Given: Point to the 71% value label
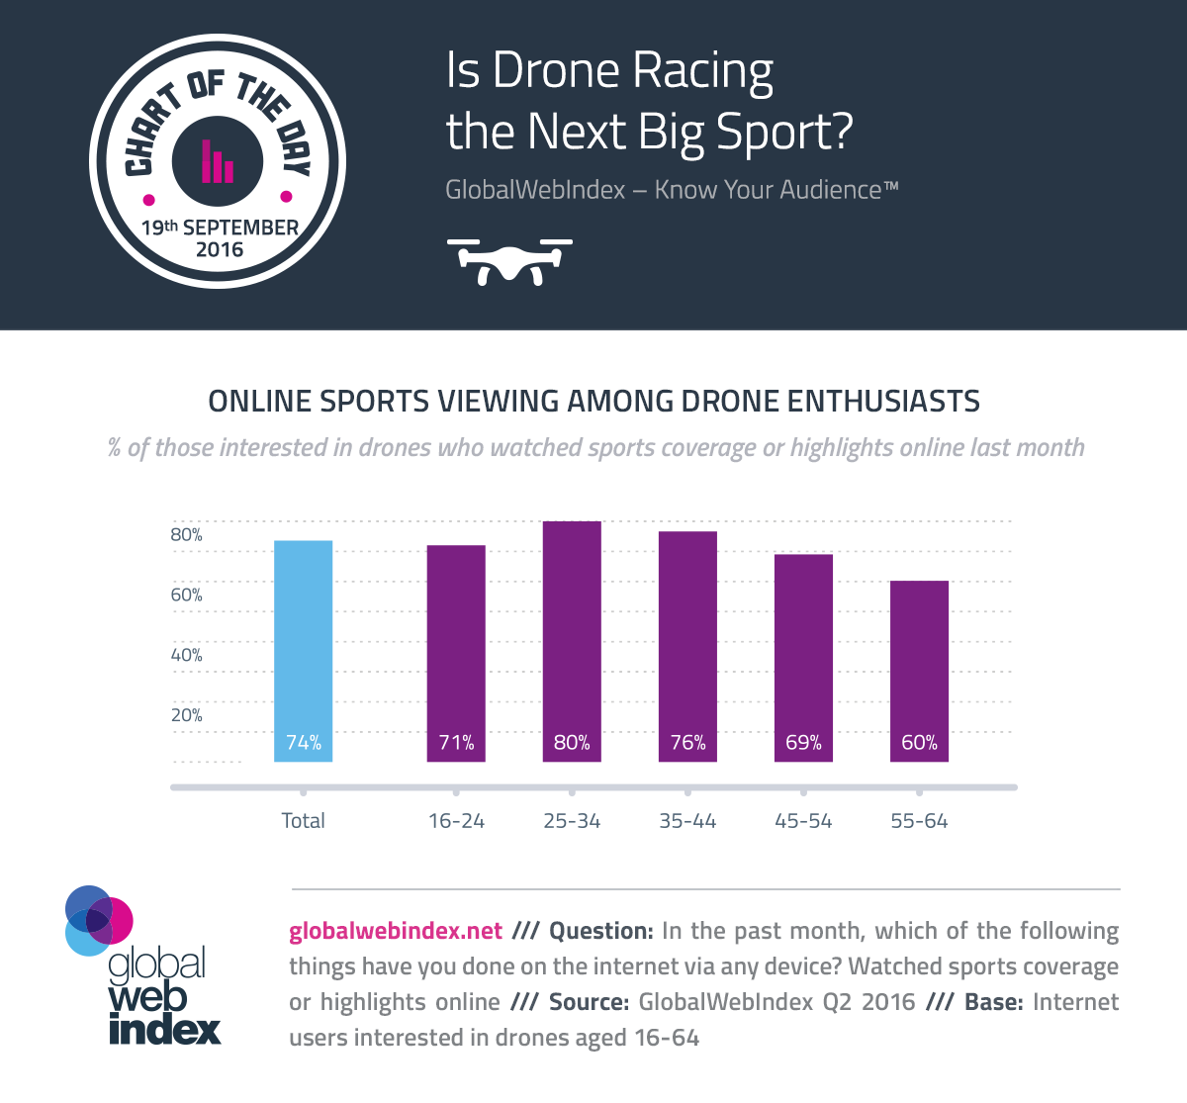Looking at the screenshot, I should point(456,743).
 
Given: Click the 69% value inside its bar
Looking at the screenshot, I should point(803,743).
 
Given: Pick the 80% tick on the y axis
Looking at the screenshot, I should point(186,535).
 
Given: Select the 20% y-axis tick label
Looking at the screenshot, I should point(186,715).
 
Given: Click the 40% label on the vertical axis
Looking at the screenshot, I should point(186,655).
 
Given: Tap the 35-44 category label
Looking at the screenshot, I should point(687,821).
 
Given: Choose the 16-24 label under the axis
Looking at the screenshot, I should point(456,821).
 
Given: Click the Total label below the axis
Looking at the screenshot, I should point(303,821).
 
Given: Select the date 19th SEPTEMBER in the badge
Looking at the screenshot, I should point(219,228).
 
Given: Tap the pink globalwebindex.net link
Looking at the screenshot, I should point(396,931).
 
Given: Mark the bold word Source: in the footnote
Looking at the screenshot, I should point(589,1002).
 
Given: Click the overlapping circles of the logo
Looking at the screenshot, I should point(97,920).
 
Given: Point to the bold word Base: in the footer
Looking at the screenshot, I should point(993,1002).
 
